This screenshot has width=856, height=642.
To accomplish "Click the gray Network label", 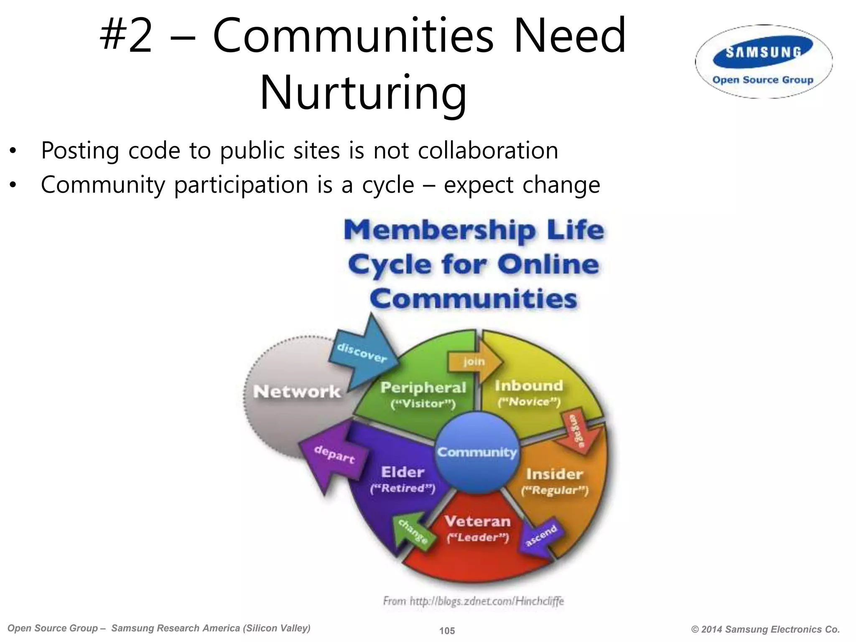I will [297, 392].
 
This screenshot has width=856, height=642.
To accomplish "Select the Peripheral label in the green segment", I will [423, 388].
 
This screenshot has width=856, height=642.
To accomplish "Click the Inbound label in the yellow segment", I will [529, 386].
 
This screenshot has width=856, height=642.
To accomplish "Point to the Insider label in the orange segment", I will [554, 474].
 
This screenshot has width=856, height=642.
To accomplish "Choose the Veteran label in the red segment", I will [478, 521].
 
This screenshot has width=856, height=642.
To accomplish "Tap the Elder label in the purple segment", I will [403, 472].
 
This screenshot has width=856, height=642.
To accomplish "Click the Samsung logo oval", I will [763, 62].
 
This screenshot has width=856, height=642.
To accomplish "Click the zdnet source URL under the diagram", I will [474, 601].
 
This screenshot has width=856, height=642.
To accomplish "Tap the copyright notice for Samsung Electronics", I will [765, 629].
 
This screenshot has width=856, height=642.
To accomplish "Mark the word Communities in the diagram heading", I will [473, 299].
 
